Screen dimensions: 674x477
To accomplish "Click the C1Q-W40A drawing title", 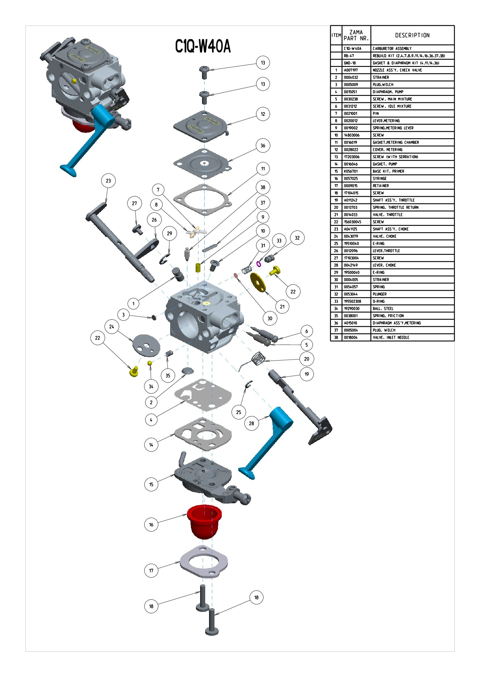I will [x=203, y=46].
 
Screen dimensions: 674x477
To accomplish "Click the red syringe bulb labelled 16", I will [x=204, y=521].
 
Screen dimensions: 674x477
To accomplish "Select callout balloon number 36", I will [x=263, y=146].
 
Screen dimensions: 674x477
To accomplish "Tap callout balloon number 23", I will [x=108, y=181].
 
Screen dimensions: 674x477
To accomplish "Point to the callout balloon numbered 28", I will [x=251, y=423].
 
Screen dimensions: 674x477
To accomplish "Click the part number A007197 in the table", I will [x=351, y=70].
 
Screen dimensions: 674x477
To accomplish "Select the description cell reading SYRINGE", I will [x=379, y=179].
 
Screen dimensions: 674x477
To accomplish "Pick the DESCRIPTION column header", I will [x=412, y=35].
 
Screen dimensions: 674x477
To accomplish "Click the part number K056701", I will [x=351, y=171].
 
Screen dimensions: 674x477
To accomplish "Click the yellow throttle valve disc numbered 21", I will [x=258, y=282].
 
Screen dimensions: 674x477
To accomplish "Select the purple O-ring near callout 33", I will [x=259, y=264].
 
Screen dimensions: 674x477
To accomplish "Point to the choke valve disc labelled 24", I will [x=146, y=345].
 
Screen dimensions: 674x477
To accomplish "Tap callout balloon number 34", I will [x=151, y=386].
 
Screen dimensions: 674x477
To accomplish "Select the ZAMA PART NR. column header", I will [x=356, y=35].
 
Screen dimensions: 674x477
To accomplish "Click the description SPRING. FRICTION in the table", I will [x=388, y=316].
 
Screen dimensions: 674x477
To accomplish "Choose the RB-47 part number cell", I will [x=349, y=56].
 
